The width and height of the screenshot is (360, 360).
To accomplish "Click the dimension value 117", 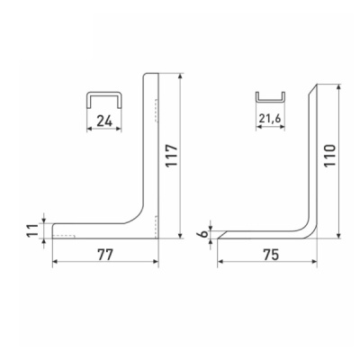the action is click(172, 156).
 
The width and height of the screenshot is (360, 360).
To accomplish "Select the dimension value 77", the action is click(105, 255).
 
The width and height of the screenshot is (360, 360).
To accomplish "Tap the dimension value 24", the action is click(104, 121).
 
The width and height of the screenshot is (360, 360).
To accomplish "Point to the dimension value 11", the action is click(33, 230).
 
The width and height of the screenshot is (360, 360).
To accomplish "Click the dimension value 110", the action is click(329, 156).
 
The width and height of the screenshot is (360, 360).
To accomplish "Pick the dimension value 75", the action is click(271, 255).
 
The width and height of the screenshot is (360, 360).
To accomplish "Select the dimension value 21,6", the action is click(270, 119).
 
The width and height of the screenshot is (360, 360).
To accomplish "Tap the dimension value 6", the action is click(203, 233).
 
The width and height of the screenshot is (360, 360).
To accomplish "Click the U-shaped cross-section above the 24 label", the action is click(104, 93).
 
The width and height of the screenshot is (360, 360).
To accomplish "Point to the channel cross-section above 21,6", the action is click(270, 101).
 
